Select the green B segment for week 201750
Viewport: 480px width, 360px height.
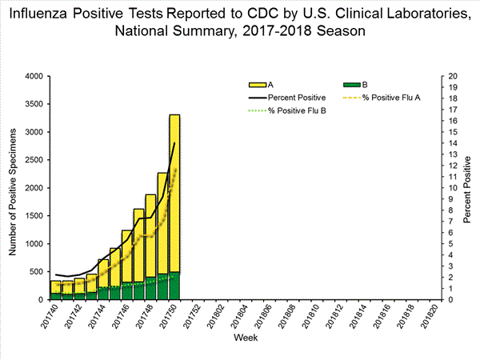click(174, 286)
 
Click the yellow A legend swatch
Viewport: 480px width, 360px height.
click(258, 84)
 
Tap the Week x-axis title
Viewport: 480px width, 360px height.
click(245, 338)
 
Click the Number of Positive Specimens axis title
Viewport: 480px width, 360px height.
click(14, 188)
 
